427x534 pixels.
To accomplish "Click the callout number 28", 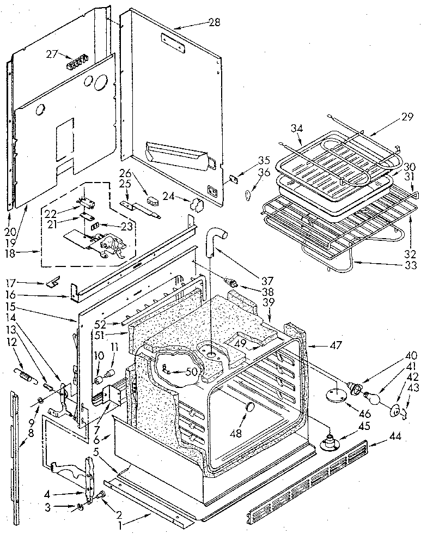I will [214, 22].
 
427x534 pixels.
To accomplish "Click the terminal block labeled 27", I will [79, 64].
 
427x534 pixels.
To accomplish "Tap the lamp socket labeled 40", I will [356, 389].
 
